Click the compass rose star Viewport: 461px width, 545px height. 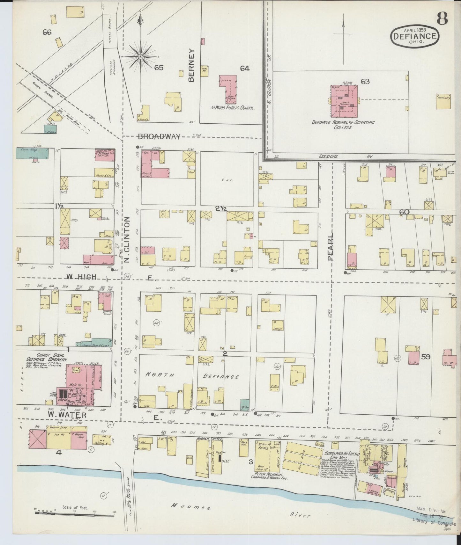click(140, 57)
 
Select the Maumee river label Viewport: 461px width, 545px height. click(192, 506)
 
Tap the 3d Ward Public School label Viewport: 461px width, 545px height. click(232, 108)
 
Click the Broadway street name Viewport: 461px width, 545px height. click(159, 136)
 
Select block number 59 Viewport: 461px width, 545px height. click(426, 357)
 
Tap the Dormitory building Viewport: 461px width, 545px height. click(443, 101)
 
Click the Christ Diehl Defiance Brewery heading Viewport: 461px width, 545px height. click(51, 357)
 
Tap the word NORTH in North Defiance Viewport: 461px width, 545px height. click(160, 375)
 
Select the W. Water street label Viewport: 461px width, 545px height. click(67, 415)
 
